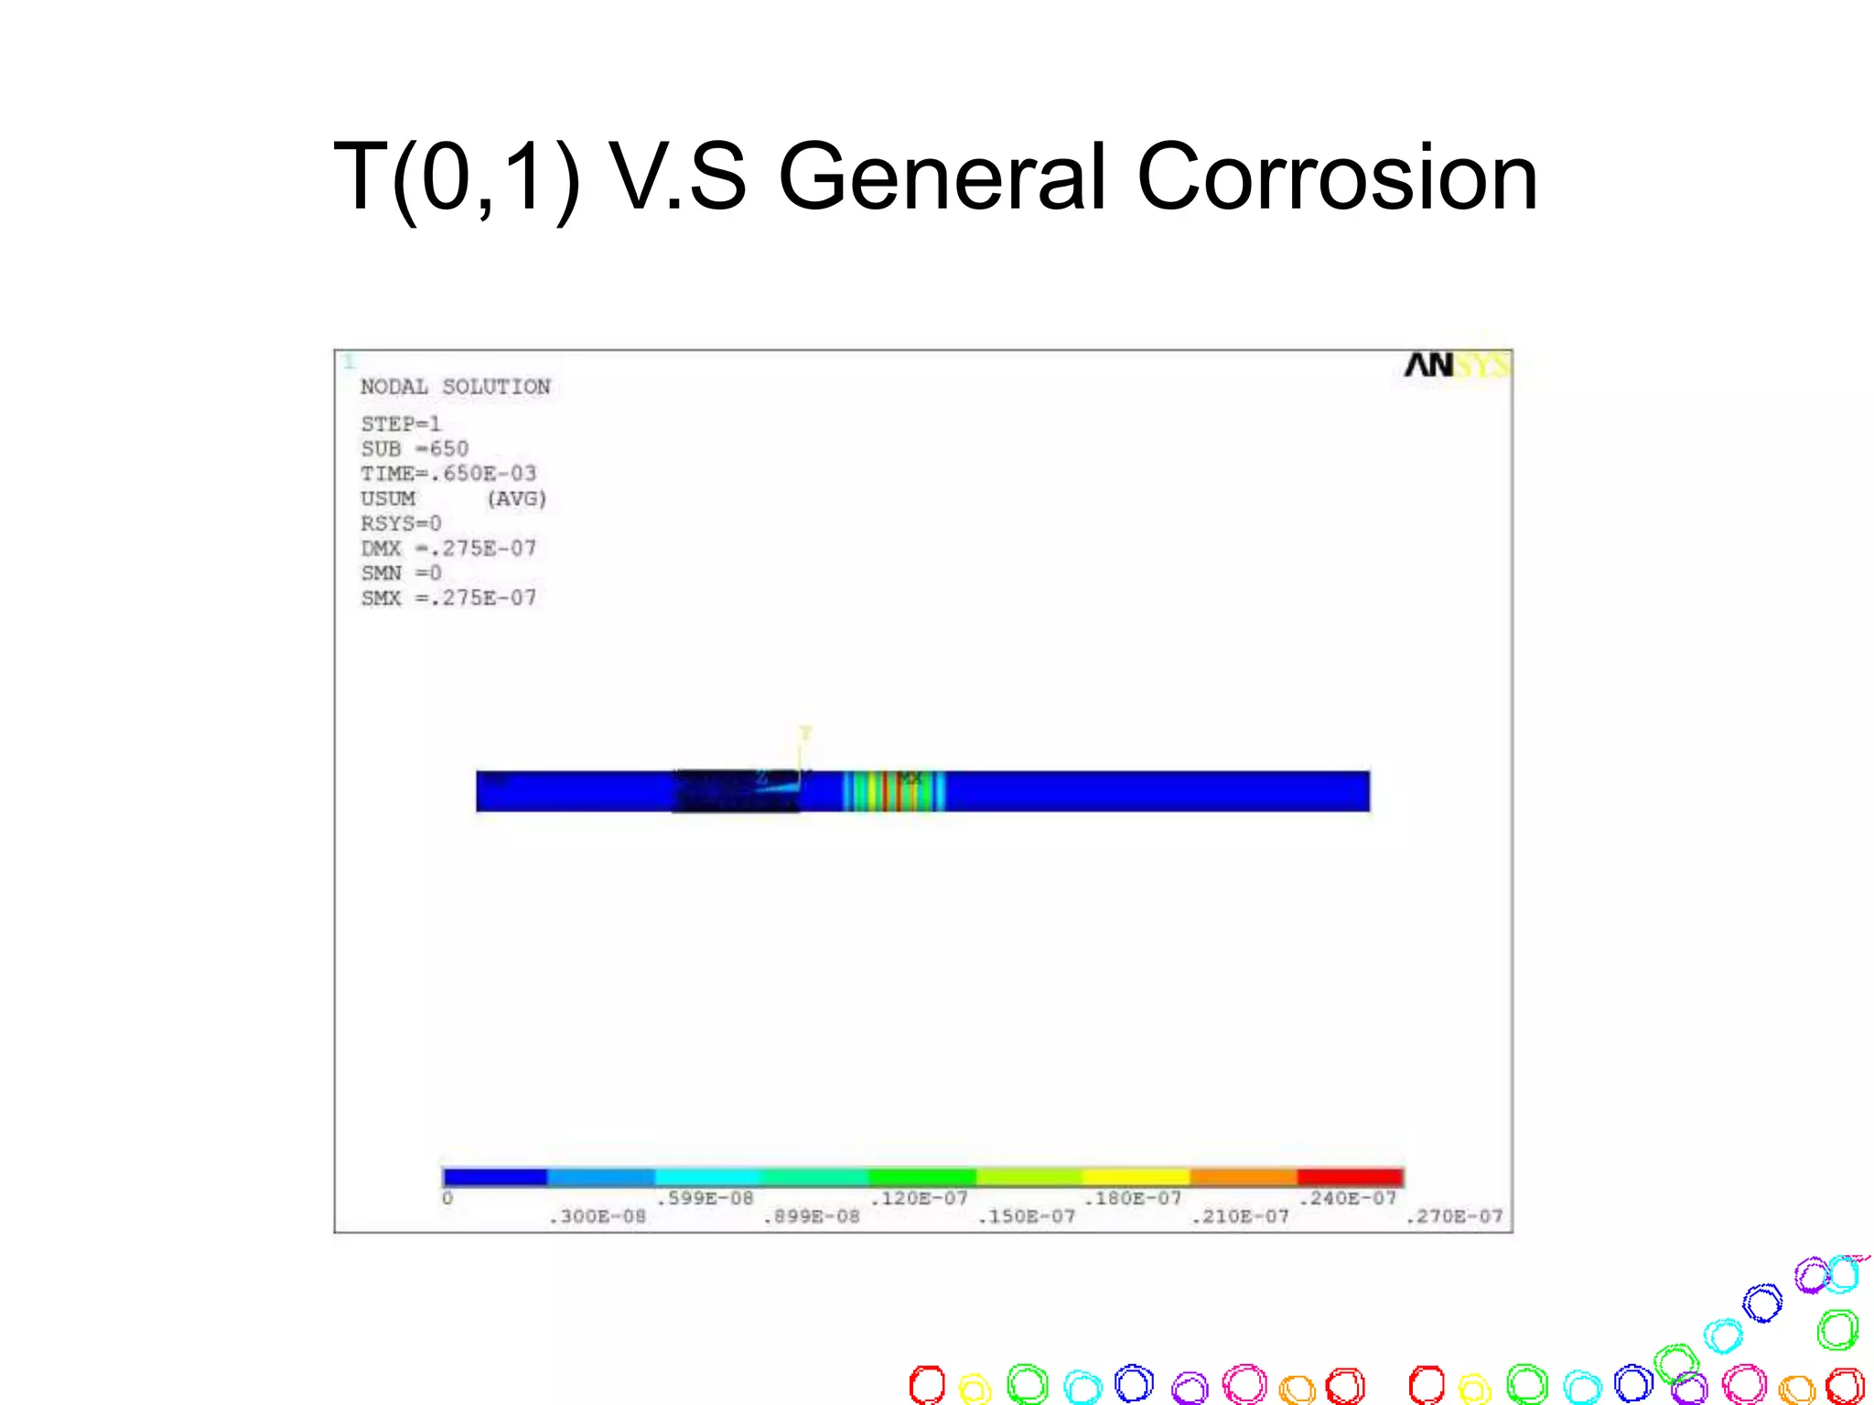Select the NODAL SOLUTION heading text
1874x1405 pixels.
click(x=455, y=386)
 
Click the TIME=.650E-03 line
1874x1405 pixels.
click(x=448, y=473)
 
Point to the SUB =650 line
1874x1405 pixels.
click(x=415, y=448)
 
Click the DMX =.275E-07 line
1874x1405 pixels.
click(x=448, y=548)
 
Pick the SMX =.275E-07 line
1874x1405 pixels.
click(x=448, y=597)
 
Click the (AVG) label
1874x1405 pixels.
click(x=517, y=499)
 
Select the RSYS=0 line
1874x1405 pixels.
click(x=401, y=523)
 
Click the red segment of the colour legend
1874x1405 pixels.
click(x=1350, y=1176)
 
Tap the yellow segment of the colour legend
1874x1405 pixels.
click(x=1136, y=1176)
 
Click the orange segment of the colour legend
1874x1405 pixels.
click(x=1243, y=1176)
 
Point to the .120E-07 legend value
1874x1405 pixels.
click(x=919, y=1198)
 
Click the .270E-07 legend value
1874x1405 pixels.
click(x=1454, y=1217)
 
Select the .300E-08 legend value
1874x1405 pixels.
click(x=598, y=1217)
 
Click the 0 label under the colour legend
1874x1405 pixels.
click(x=447, y=1198)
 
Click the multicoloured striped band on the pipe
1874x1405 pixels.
click(x=892, y=792)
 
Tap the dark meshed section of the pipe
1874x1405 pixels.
click(x=732, y=792)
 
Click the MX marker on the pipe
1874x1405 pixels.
click(x=910, y=778)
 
